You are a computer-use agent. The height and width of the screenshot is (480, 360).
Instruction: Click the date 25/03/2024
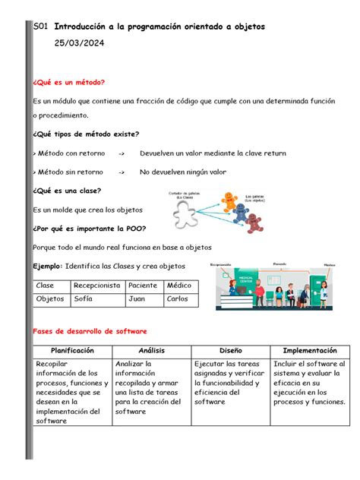coord(80,46)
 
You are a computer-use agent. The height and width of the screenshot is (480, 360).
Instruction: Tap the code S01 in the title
coord(42,26)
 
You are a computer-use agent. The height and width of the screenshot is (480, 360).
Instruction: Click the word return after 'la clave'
coord(273,153)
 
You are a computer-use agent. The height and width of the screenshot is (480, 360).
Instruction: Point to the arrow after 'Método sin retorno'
coord(122,172)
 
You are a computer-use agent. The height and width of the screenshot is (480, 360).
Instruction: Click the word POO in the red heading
coord(134,229)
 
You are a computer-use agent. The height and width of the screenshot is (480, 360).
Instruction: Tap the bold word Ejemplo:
coord(48,267)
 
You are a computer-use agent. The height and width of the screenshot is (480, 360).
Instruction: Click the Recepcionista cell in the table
coord(96,286)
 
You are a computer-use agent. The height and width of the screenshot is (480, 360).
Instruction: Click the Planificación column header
coord(72,351)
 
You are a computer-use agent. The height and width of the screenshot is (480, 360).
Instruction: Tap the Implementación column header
coord(309,351)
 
